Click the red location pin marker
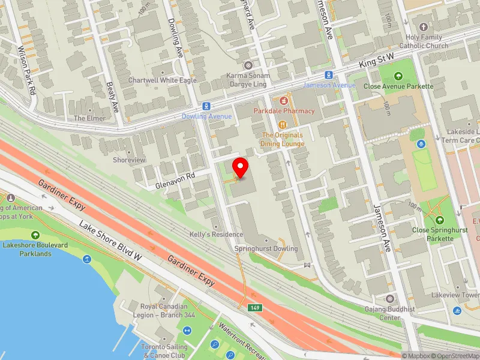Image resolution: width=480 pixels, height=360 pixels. click(x=241, y=167)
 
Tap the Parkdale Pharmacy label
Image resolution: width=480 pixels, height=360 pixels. click(x=284, y=111)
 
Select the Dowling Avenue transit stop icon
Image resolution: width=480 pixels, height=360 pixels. click(x=206, y=106)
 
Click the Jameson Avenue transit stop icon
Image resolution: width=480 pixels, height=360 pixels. click(x=329, y=75)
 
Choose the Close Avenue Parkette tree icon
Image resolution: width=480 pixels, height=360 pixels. click(x=398, y=76)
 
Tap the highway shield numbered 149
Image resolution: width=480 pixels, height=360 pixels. click(x=256, y=308)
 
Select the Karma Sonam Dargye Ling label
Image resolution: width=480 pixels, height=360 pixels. click(x=248, y=80)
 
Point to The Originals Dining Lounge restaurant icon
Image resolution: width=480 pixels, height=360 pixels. click(x=283, y=124)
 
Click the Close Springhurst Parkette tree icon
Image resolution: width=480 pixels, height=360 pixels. click(x=439, y=220)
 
